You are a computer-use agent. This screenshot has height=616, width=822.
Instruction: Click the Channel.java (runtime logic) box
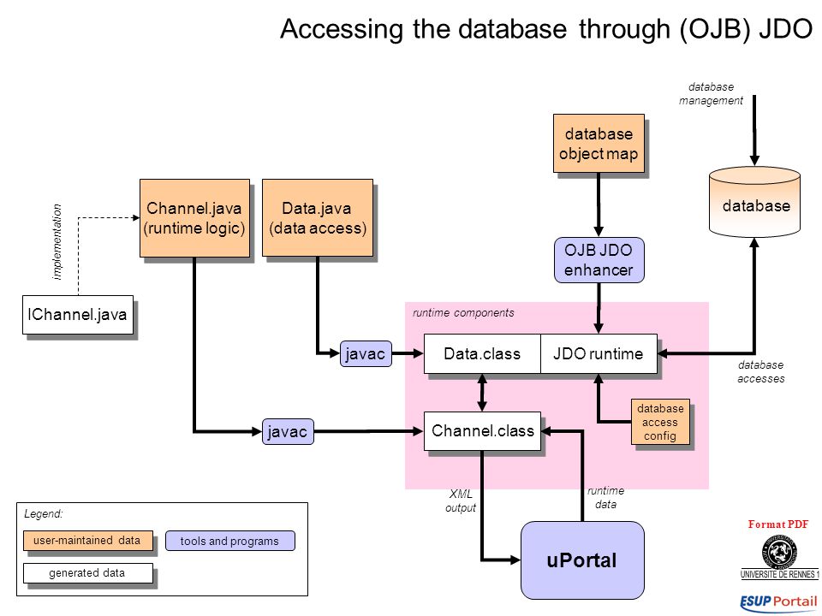[x=194, y=218]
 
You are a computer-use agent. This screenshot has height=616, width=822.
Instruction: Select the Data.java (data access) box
[x=317, y=218]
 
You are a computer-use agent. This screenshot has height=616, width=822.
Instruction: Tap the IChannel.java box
[x=78, y=315]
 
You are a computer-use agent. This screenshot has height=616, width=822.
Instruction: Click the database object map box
[x=599, y=144]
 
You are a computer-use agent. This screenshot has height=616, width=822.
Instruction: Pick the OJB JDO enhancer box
[x=599, y=260]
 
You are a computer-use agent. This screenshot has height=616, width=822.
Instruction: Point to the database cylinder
[x=754, y=202]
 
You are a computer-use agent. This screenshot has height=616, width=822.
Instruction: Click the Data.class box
[x=482, y=353]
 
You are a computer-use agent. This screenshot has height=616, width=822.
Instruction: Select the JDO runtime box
[x=599, y=353]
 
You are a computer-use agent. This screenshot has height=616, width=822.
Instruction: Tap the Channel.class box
[x=482, y=431]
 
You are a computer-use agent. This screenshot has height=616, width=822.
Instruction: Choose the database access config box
[x=660, y=422]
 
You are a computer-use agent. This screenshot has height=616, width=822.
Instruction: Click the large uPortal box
[x=582, y=560]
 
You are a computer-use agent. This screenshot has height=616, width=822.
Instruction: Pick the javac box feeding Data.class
[x=366, y=354]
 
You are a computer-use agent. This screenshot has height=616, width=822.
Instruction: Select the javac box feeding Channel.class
[x=288, y=431]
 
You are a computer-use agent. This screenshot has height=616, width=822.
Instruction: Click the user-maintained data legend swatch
[x=87, y=541]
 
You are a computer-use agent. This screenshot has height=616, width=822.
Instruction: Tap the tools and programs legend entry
[x=230, y=541]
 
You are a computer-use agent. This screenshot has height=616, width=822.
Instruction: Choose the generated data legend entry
[x=87, y=573]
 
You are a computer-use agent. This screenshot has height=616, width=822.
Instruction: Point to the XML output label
[x=461, y=500]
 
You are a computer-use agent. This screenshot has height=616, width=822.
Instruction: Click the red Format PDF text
[x=778, y=524]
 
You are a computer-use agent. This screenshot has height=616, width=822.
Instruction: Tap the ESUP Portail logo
[x=778, y=601]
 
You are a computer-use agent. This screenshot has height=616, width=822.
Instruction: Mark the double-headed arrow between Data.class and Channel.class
[x=482, y=393]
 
